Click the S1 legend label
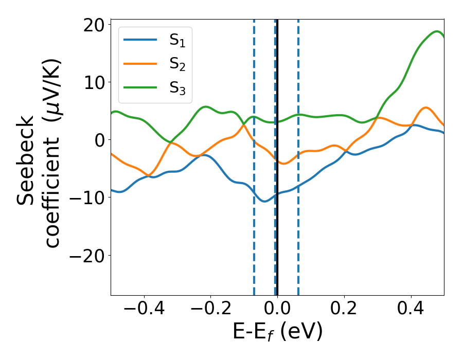click(x=177, y=41)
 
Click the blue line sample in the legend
click(x=140, y=40)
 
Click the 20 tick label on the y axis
click(x=92, y=25)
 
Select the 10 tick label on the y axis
click(x=92, y=82)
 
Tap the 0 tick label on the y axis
click(x=98, y=140)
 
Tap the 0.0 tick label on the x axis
click(x=277, y=309)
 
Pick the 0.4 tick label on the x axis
click(x=411, y=309)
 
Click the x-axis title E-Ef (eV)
click(x=277, y=332)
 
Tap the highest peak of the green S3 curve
click(x=437, y=31)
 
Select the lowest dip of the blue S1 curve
click(x=264, y=201)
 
